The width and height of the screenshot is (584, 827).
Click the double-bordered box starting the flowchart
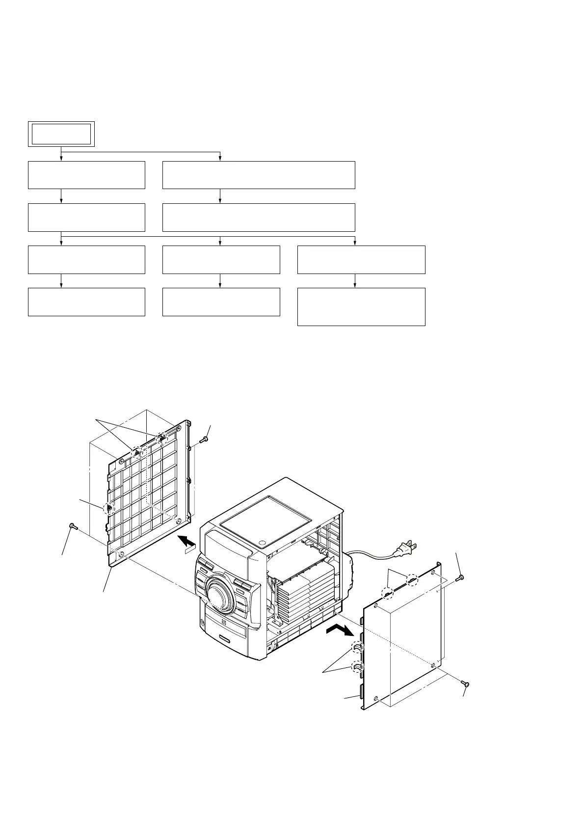coord(61,133)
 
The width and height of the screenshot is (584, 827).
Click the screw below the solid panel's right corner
coord(465,683)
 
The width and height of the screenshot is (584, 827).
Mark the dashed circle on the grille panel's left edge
coord(108,508)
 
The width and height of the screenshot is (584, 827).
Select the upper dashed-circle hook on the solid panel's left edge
coord(356,648)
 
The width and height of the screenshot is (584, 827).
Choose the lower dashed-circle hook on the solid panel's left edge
coord(356,667)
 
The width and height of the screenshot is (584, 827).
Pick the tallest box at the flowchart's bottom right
coord(361,306)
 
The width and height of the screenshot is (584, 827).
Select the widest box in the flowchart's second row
coord(259,174)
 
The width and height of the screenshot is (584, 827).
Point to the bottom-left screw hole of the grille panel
coord(121,554)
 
